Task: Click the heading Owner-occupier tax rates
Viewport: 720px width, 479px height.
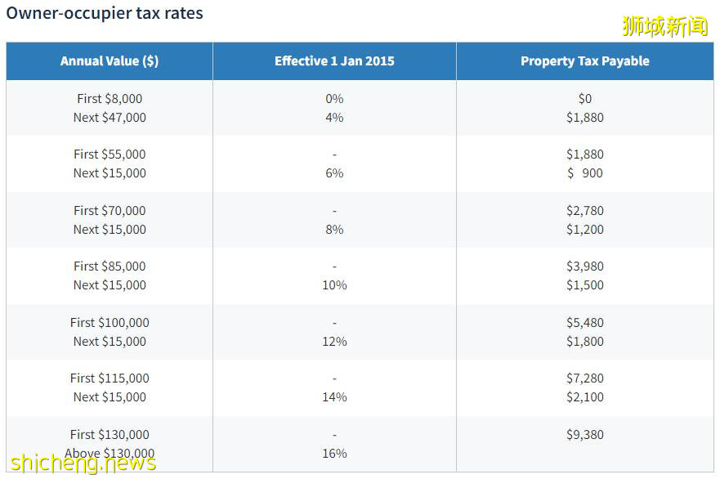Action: click(x=105, y=13)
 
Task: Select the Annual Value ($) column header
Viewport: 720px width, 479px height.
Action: click(x=110, y=61)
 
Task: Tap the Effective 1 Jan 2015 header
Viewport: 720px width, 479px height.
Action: click(x=334, y=61)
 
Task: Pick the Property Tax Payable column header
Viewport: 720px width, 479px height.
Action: click(x=584, y=61)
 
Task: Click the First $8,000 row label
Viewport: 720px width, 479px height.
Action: click(x=110, y=99)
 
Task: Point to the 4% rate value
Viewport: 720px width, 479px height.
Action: click(x=334, y=118)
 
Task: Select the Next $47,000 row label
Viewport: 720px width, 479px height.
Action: click(x=110, y=118)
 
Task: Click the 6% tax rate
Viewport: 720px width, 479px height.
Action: click(x=334, y=173)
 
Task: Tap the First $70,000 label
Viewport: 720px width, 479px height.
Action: click(x=110, y=211)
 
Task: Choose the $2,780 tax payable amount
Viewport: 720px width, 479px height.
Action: click(x=584, y=211)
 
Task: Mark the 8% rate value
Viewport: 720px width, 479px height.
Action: click(x=334, y=230)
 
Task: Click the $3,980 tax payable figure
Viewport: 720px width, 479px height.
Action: click(x=584, y=266)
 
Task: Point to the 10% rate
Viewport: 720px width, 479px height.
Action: click(x=334, y=285)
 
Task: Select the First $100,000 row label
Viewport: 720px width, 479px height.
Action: click(x=110, y=323)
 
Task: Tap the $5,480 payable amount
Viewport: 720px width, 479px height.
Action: click(x=584, y=323)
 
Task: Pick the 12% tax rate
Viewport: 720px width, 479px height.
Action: click(x=334, y=342)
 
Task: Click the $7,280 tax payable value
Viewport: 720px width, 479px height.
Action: click(x=584, y=378)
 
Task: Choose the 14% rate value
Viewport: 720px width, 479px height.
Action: click(x=334, y=397)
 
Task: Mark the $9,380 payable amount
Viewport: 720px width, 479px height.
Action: click(x=584, y=435)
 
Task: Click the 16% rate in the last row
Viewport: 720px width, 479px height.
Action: click(x=334, y=454)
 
